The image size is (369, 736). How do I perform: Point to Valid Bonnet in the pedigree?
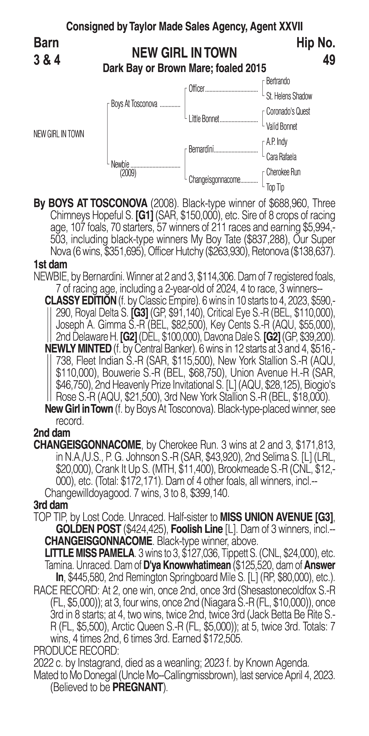(x=281, y=127)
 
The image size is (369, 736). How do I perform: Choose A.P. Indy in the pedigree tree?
(x=277, y=142)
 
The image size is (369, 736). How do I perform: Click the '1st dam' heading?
(x=50, y=265)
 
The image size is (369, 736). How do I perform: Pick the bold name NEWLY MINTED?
(x=78, y=349)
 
